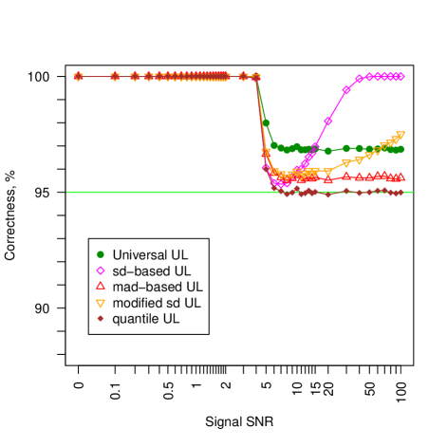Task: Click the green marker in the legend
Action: coord(101,254)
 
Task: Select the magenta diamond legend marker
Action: coord(101,270)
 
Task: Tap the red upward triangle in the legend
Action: coord(101,286)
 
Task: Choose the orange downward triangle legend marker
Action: coord(101,304)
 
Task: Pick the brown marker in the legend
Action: coord(101,318)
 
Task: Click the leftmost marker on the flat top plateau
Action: coord(79,77)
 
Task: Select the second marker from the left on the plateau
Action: coord(115,77)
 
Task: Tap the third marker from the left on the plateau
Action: coord(135,77)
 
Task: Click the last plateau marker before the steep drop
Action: coord(255,77)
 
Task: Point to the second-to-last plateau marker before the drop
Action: coord(243,77)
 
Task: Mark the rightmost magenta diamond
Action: coord(400,76)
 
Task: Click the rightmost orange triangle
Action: coord(400,135)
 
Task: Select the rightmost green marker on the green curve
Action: coord(400,149)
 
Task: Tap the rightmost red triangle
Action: coord(400,177)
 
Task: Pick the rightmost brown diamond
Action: coord(400,193)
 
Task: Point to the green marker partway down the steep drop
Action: coord(266,122)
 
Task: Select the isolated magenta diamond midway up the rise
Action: coord(328,121)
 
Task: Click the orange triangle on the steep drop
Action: coord(266,152)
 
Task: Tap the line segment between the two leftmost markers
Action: coord(97,77)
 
